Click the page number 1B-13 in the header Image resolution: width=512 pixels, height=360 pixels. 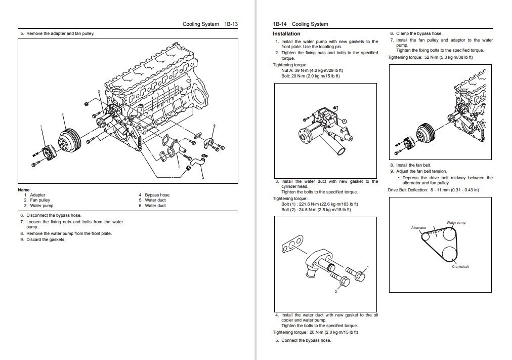pyautogui.click(x=231, y=24)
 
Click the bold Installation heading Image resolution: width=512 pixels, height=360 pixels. pyautogui.click(x=286, y=34)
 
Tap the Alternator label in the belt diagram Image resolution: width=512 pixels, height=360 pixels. pyautogui.click(x=418, y=228)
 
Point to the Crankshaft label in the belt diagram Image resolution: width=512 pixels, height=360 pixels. pyautogui.click(x=460, y=266)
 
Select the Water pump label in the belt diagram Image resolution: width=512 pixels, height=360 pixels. pyautogui.click(x=456, y=223)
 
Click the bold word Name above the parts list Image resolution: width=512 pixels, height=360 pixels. pyautogui.click(x=24, y=190)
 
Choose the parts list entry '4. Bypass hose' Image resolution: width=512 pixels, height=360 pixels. pyautogui.click(x=157, y=195)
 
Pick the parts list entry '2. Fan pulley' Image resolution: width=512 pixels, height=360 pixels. pyautogui.click(x=40, y=200)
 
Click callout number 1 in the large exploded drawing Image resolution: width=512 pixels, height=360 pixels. pyautogui.click(x=41, y=126)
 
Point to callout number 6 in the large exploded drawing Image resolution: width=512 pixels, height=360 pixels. pyautogui.click(x=215, y=125)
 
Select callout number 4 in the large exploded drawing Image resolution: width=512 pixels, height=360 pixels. pyautogui.click(x=203, y=178)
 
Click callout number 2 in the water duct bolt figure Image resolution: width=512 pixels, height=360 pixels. pyautogui.click(x=335, y=292)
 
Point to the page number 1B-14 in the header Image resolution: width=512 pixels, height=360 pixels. pyautogui.click(x=279, y=24)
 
